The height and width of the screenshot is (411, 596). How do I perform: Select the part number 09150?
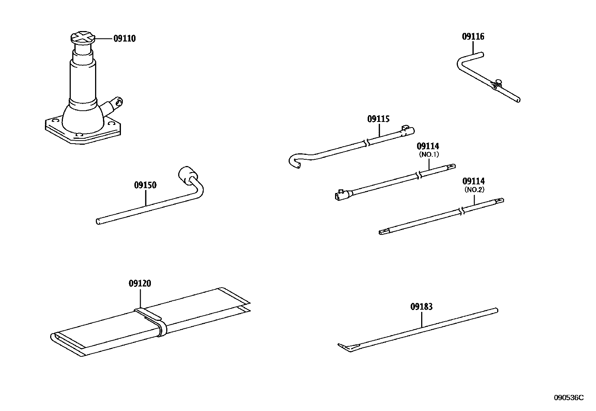pyautogui.click(x=145, y=185)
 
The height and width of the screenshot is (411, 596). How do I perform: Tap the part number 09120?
pyautogui.click(x=140, y=284)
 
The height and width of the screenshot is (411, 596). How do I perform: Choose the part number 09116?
pyautogui.click(x=473, y=37)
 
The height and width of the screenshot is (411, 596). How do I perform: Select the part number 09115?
pyautogui.click(x=378, y=119)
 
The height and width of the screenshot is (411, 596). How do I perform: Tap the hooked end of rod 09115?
pyautogui.click(x=294, y=161)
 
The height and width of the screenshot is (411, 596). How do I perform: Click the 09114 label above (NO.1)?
pyautogui.click(x=428, y=146)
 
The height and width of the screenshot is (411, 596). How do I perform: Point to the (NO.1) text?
pyautogui.click(x=428, y=154)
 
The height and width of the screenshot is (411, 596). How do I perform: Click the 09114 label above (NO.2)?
pyautogui.click(x=474, y=181)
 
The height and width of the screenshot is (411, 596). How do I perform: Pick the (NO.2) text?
pyautogui.click(x=474, y=189)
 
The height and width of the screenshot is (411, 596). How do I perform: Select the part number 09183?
pyautogui.click(x=421, y=307)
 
